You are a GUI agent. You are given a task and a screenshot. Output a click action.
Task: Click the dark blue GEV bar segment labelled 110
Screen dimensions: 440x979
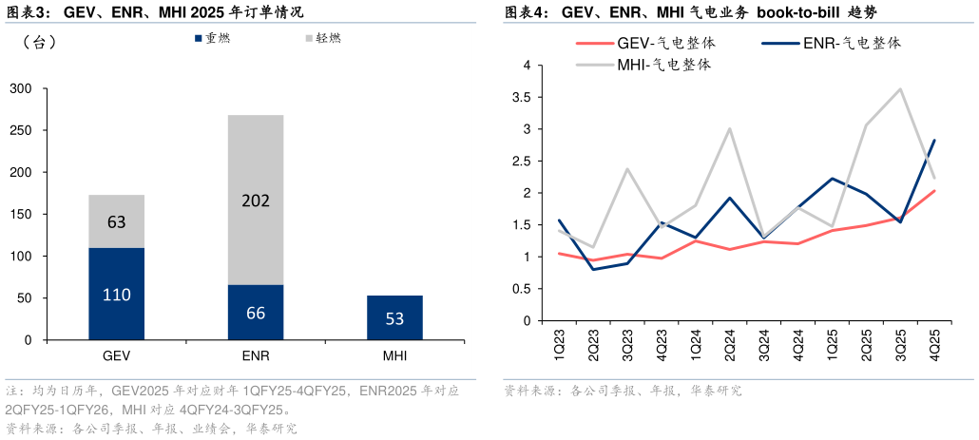(117, 294)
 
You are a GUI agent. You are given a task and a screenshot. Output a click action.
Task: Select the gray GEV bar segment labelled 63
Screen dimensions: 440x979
(117, 221)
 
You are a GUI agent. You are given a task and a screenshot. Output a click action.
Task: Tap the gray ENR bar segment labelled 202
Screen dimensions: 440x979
(256, 200)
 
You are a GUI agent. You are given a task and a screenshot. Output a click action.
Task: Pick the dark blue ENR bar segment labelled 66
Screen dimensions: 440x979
(256, 312)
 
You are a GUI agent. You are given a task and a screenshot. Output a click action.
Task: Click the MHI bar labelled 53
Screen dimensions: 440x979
(394, 317)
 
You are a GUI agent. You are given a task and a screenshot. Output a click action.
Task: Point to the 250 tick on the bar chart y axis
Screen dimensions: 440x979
(20, 131)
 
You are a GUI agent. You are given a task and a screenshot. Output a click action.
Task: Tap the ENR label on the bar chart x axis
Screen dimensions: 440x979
(256, 355)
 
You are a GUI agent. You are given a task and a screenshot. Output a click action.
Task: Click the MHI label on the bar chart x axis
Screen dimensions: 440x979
(394, 355)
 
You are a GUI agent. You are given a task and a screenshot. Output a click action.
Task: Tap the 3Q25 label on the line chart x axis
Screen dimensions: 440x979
(900, 343)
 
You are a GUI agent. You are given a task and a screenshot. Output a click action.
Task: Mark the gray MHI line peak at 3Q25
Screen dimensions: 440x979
(900, 89)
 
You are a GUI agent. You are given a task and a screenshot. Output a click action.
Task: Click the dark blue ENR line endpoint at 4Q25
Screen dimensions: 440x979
(934, 140)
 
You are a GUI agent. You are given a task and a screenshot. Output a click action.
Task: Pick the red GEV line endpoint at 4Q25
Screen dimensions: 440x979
(934, 190)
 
